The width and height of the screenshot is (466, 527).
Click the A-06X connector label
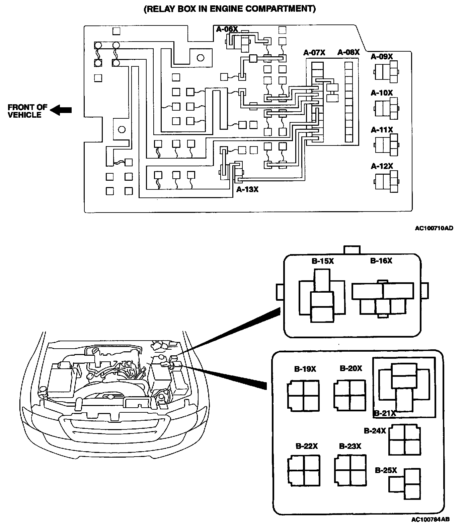(227, 30)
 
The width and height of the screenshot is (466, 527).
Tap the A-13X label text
(247, 190)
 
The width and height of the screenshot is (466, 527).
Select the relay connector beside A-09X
(386, 72)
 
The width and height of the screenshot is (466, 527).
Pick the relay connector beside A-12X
(386, 181)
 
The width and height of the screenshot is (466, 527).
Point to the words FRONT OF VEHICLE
(27, 111)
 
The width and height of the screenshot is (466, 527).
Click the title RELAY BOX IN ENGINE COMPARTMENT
(230, 9)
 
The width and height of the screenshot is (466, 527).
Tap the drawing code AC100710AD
(434, 228)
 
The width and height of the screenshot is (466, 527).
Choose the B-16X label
(381, 260)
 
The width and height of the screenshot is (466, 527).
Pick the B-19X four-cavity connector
(303, 396)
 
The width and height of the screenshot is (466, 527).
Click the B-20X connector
(349, 395)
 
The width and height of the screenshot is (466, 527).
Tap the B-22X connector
(304, 470)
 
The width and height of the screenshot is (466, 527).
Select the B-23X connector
(350, 470)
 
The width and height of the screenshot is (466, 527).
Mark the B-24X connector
(405, 440)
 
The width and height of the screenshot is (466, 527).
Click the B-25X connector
(405, 484)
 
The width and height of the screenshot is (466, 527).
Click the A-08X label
(348, 52)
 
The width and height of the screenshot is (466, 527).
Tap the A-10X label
(382, 93)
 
